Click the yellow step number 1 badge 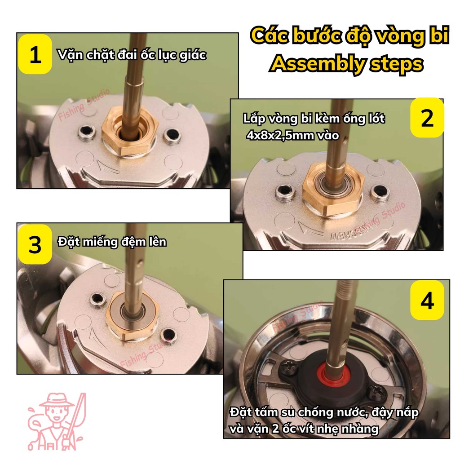(x=35, y=54)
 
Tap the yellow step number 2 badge (x=427, y=117)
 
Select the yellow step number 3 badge (x=35, y=244)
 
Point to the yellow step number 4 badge (x=427, y=300)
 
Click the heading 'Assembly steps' (x=347, y=64)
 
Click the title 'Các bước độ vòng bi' (x=349, y=36)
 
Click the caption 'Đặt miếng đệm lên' (x=112, y=242)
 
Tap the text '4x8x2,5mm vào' (x=293, y=136)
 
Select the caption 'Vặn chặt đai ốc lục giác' (x=132, y=55)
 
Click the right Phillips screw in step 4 (x=378, y=392)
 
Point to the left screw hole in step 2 (x=285, y=192)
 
